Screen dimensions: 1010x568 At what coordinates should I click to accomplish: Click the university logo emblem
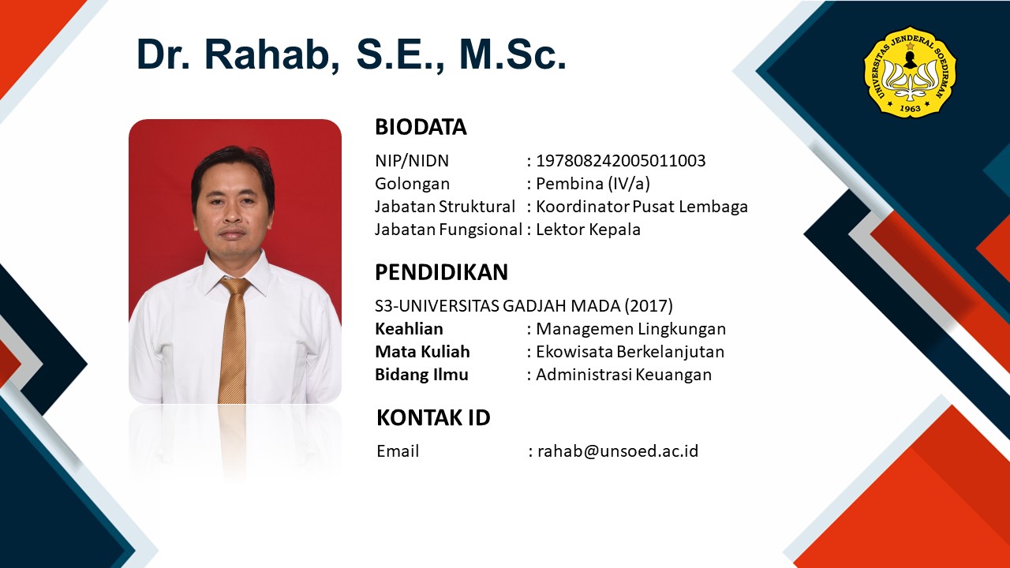tap(910, 72)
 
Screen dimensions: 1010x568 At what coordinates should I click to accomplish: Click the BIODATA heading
tap(421, 127)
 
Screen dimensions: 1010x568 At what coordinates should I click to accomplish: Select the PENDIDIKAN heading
tap(441, 272)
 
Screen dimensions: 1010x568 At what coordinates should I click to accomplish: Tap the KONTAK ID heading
tap(433, 417)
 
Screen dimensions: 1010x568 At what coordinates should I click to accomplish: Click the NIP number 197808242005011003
tap(620, 160)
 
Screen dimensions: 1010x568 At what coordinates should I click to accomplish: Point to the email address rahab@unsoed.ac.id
tap(618, 450)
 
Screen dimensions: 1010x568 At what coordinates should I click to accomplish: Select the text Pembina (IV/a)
tap(593, 184)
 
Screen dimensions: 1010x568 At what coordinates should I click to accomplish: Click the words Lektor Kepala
tap(588, 230)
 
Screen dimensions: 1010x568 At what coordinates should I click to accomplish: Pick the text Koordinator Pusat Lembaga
tap(642, 207)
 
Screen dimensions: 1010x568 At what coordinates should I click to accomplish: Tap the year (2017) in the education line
tap(649, 305)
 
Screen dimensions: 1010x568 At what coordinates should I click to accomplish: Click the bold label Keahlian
tap(409, 329)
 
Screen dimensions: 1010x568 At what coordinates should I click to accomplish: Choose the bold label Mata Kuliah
tap(422, 352)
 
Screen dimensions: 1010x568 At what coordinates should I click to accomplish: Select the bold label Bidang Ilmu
tap(421, 375)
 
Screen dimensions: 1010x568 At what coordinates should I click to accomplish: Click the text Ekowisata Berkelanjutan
tap(630, 352)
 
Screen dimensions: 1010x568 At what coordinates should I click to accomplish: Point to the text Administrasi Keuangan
tap(623, 375)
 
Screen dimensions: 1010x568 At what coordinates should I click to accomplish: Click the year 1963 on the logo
tap(910, 108)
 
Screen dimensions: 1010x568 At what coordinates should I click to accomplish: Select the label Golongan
tap(412, 184)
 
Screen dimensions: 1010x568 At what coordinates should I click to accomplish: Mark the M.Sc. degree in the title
tap(512, 54)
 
